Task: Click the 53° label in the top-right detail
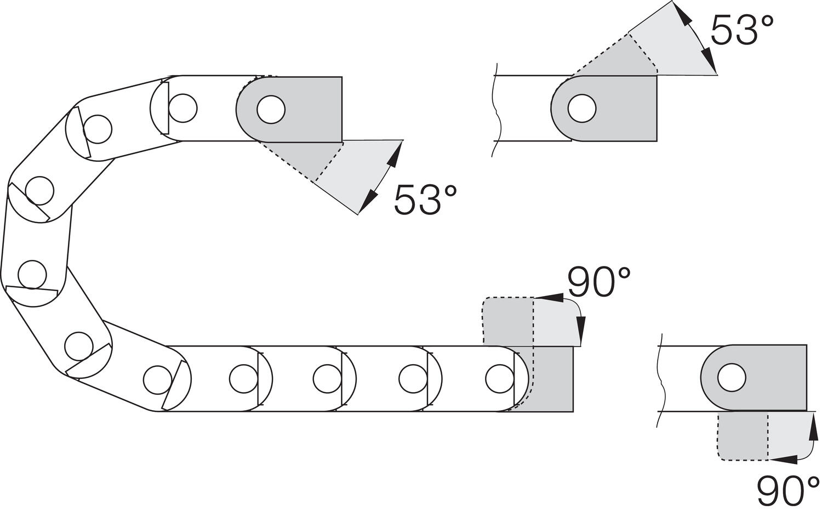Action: tap(742, 31)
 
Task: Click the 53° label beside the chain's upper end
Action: tap(425, 200)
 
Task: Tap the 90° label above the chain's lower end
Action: tap(600, 282)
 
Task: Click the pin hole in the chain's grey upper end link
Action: tap(271, 110)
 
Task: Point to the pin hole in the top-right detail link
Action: tap(581, 109)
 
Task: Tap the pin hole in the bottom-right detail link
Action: tap(732, 378)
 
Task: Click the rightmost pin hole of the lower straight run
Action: tap(499, 379)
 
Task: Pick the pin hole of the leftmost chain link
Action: tap(32, 275)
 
